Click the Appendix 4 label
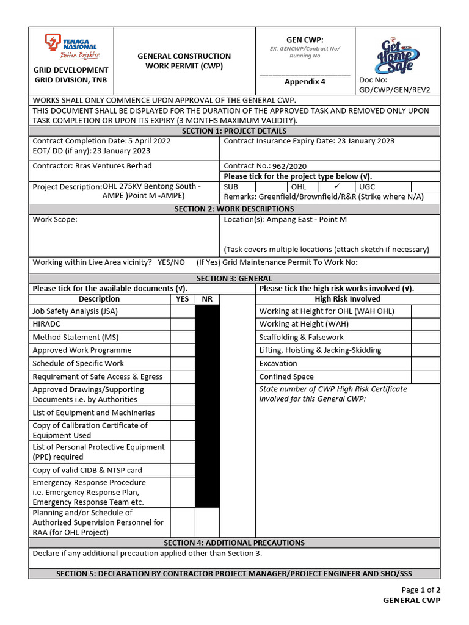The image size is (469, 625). coord(305,82)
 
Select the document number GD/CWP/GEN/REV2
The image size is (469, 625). coord(394,89)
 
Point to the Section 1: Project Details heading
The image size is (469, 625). coord(234,131)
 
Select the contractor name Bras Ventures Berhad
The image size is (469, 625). coord(113,166)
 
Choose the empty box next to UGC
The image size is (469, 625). coord(425,186)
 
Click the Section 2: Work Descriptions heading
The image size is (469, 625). coord(234,209)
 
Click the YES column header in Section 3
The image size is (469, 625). coord(182,299)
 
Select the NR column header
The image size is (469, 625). coord(207,299)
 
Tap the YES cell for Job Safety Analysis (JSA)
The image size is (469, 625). coord(182,311)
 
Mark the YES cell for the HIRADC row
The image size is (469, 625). coord(182,324)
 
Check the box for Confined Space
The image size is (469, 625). coord(425,377)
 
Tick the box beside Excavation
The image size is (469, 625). coord(425,363)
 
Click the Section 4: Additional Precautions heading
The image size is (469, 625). coord(234,543)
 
